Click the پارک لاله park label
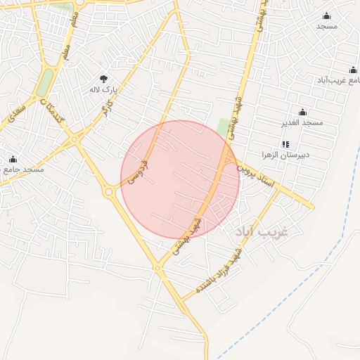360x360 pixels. pyautogui.click(x=102, y=90)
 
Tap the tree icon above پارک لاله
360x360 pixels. pyautogui.click(x=104, y=79)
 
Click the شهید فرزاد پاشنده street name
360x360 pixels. pyautogui.click(x=221, y=274)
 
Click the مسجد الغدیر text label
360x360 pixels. pyautogui.click(x=302, y=122)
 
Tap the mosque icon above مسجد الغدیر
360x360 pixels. pyautogui.click(x=302, y=112)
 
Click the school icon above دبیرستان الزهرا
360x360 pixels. pyautogui.click(x=285, y=144)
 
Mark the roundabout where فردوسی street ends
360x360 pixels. pyautogui.click(x=109, y=191)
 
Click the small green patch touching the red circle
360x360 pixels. pyautogui.click(x=224, y=127)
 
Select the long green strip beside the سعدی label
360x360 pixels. pyautogui.click(x=45, y=82)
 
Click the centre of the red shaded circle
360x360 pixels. pyautogui.click(x=181, y=179)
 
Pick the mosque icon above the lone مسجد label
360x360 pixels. pyautogui.click(x=326, y=15)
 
